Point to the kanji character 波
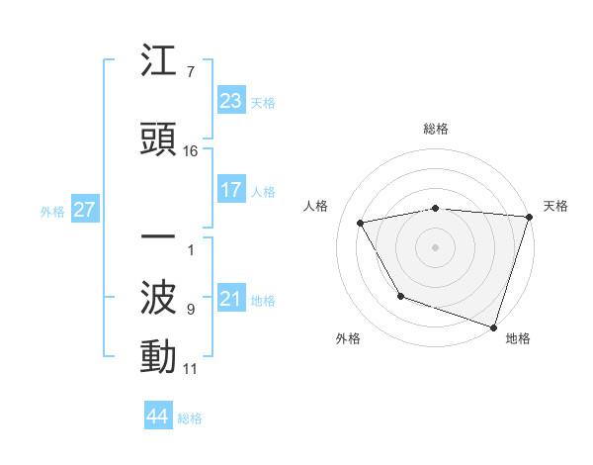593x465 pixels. click(159, 298)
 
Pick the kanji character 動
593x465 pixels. click(159, 356)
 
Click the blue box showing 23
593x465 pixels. click(230, 101)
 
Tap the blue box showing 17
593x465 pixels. click(230, 190)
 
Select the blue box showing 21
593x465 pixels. click(230, 300)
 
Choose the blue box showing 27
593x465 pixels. click(83, 210)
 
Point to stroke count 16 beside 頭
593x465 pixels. click(191, 150)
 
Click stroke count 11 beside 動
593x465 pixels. click(191, 369)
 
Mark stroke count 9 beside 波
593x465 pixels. click(191, 310)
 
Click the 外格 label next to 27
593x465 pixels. click(52, 211)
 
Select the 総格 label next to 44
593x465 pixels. click(190, 418)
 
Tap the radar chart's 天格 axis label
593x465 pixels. click(555, 206)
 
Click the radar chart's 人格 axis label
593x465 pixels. click(316, 206)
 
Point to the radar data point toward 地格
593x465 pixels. click(493, 326)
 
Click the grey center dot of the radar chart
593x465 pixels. click(435, 246)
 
